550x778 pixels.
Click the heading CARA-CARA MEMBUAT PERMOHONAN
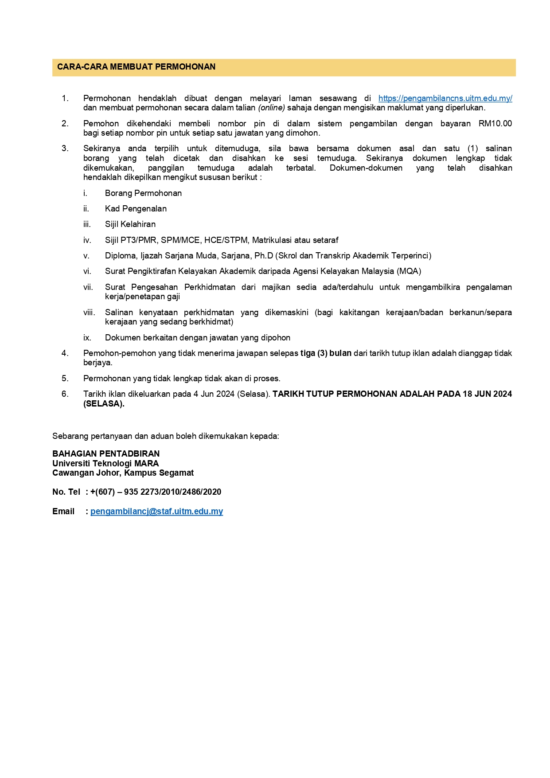click(x=136, y=67)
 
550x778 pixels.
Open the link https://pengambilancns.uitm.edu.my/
click(x=445, y=98)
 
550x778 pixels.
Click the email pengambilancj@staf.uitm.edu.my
click(x=156, y=512)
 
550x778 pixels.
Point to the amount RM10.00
click(x=495, y=124)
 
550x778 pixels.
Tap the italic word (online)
click(x=271, y=108)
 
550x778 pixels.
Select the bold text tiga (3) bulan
click(x=326, y=353)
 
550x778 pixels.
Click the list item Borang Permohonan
click(x=143, y=193)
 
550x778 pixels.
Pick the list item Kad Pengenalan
click(x=136, y=209)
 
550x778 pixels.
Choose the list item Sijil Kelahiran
click(x=130, y=224)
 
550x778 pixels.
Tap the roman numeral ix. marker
click(x=87, y=338)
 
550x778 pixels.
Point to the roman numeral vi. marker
click(x=87, y=271)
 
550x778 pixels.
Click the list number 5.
click(x=65, y=379)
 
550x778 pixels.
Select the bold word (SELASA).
click(x=104, y=404)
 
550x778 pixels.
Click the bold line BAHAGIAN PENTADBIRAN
click(x=106, y=454)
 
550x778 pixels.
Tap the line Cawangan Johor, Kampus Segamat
click(x=123, y=473)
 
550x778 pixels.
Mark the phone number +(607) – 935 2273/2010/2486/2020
click(x=156, y=492)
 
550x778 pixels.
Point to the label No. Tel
click(x=66, y=492)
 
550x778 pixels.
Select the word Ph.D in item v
click(x=263, y=256)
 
